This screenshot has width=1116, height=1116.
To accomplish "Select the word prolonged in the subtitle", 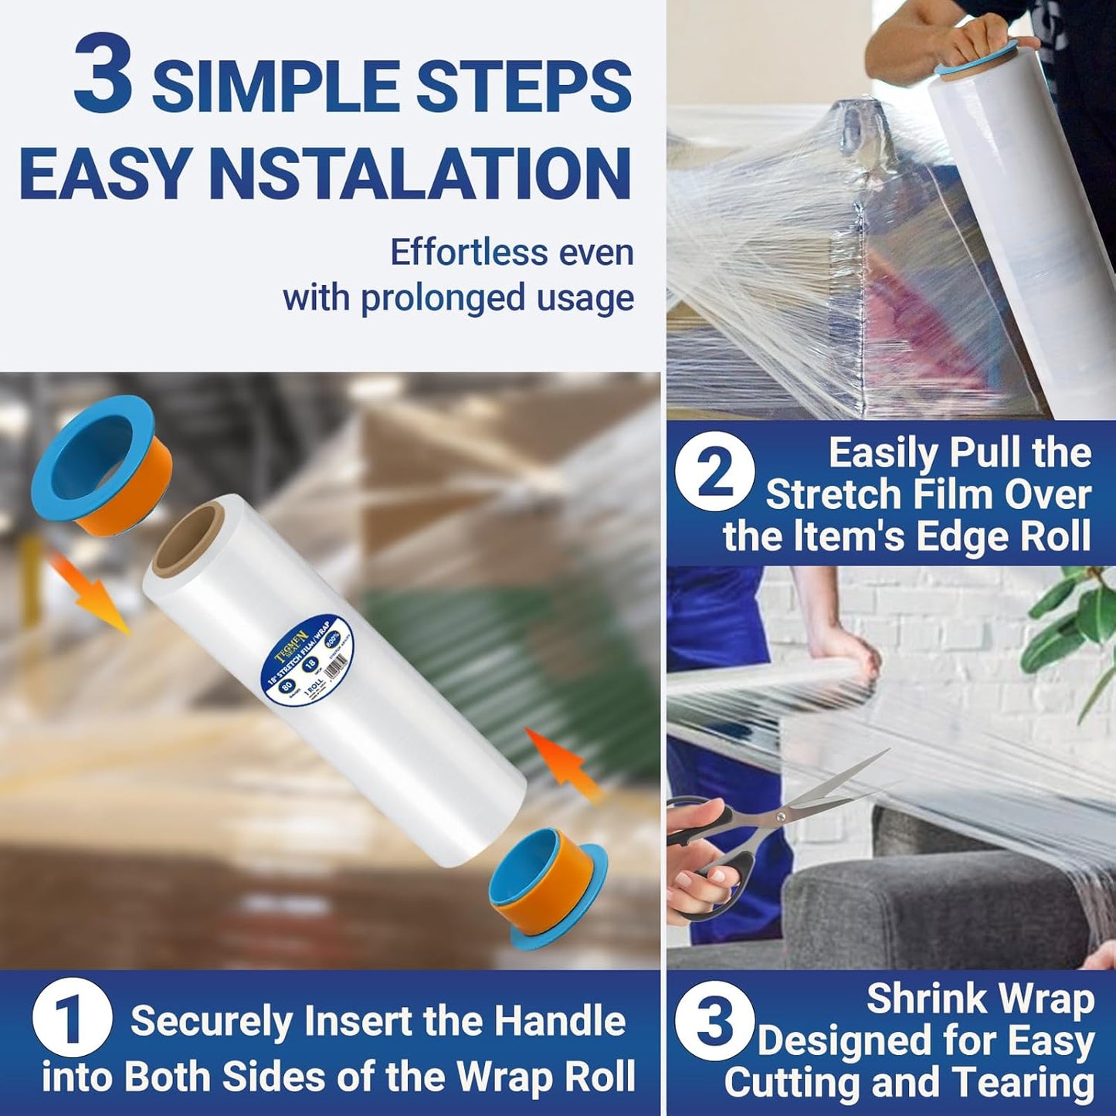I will click(443, 298).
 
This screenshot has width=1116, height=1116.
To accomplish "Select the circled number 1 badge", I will click(72, 1019).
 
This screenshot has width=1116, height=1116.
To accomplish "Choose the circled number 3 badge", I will click(714, 1019).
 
